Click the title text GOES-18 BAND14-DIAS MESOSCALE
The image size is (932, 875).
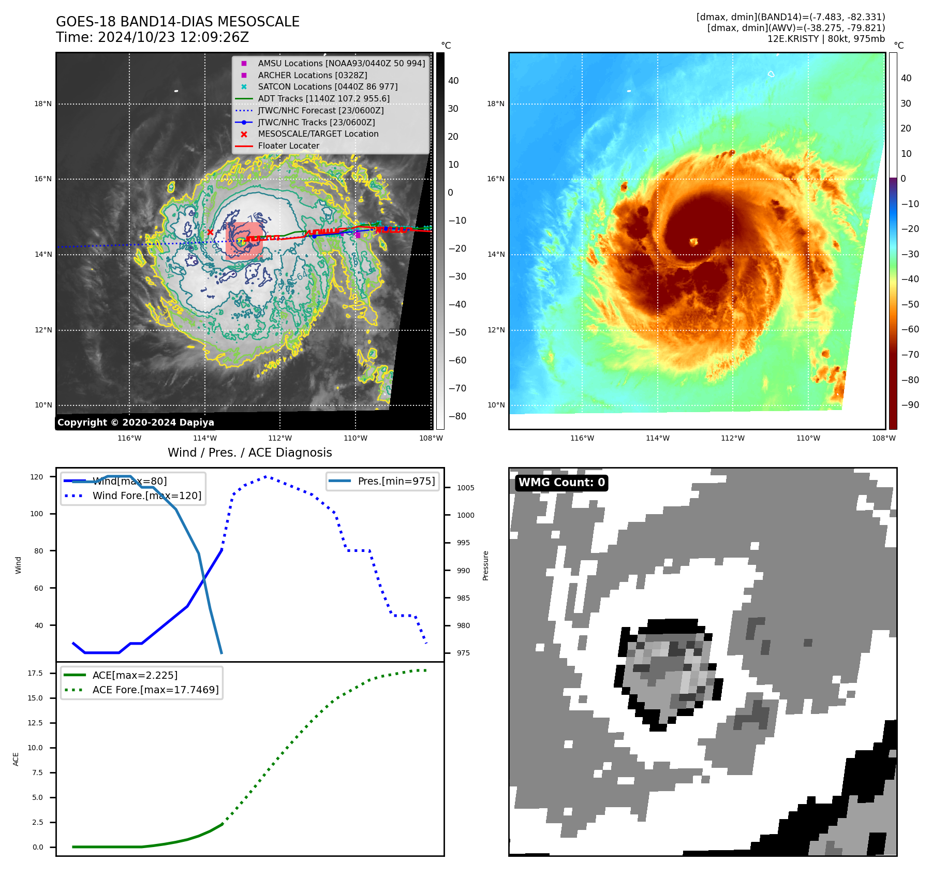[x=177, y=22]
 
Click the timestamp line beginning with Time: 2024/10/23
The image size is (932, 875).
[x=152, y=37]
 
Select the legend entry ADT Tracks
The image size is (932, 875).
[x=323, y=98]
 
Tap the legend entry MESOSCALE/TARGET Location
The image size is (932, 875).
[x=318, y=134]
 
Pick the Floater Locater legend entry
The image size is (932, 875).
[x=288, y=145]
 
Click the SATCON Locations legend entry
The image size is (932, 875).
[x=328, y=86]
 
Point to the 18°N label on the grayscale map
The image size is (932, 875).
[x=43, y=104]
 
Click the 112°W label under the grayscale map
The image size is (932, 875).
[x=280, y=438]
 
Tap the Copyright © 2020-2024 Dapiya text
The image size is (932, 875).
[x=136, y=422]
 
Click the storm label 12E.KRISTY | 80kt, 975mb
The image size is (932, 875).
[x=826, y=39]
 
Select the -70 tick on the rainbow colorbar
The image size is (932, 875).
[x=910, y=355]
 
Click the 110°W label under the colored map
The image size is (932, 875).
[x=808, y=438]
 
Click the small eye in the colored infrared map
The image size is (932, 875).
[x=693, y=241]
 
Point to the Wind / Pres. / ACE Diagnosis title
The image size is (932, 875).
[x=249, y=453]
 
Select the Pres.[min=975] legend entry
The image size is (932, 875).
[x=396, y=481]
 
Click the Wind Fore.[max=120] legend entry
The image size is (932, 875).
[x=146, y=495]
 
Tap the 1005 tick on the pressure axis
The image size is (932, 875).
[x=465, y=488]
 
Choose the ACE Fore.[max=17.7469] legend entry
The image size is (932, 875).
[x=155, y=690]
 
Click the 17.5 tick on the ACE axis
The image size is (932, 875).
[x=35, y=673]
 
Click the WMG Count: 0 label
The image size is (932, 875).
[x=561, y=483]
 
